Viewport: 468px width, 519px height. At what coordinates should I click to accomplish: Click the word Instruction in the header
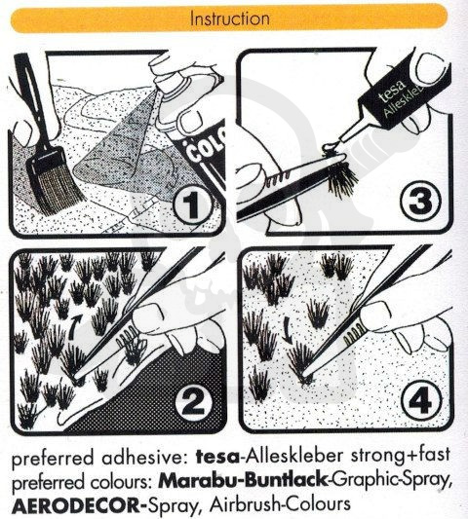click(x=230, y=19)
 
